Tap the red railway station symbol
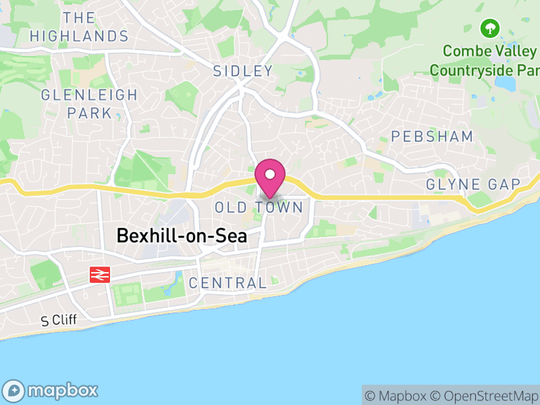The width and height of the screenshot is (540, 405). (x=100, y=275)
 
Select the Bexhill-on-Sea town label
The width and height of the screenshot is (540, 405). (x=182, y=236)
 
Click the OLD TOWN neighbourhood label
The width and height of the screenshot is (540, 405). (x=259, y=207)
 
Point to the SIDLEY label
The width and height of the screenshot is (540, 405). (x=243, y=71)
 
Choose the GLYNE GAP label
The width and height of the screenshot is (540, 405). (x=473, y=185)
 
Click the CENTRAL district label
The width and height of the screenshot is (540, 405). (x=228, y=283)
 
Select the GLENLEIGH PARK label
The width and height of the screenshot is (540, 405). (x=89, y=103)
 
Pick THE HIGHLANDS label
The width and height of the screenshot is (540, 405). (x=79, y=26)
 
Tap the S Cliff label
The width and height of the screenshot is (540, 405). (x=59, y=320)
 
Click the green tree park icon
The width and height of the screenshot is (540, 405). (x=489, y=28)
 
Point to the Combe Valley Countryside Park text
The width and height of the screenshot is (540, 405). (x=485, y=60)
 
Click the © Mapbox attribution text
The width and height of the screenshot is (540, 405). (x=397, y=396)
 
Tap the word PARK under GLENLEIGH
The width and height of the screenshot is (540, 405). (x=89, y=113)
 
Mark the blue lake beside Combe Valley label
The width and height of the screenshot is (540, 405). (x=506, y=82)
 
